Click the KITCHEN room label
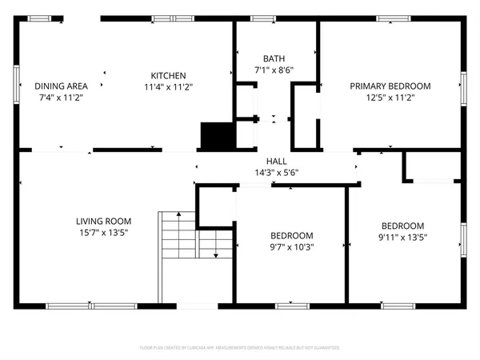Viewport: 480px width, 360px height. [x=168, y=75]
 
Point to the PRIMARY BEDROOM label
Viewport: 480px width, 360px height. [x=390, y=86]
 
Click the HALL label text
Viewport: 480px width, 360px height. [x=276, y=161]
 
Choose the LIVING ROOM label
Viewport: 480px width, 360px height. [x=103, y=222]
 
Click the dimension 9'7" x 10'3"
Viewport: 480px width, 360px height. [x=291, y=247]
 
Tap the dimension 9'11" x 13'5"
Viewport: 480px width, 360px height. [x=402, y=237]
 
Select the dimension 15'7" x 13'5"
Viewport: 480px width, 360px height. [x=103, y=233]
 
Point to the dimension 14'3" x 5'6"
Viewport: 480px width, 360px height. [x=276, y=172]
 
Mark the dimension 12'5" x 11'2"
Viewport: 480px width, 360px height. [x=390, y=97]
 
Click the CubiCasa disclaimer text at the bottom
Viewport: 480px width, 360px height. [x=240, y=348]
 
